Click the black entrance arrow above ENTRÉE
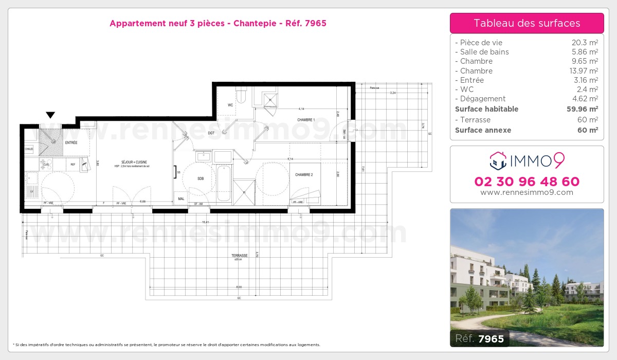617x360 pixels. point(50,115)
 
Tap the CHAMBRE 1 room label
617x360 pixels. point(305,120)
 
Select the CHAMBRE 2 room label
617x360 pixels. point(304,175)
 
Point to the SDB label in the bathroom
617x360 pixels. point(201,178)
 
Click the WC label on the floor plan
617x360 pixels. point(230,105)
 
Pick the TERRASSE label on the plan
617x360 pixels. point(240,255)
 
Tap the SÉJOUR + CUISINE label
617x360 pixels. point(131,162)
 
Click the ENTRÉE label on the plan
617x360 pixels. point(71,142)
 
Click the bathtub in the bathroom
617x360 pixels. point(224,183)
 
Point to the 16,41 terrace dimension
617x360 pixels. point(205,222)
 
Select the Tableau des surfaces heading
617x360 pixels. point(527,23)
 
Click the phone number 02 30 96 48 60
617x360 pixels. point(527,182)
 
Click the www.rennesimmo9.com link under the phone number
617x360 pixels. point(527,192)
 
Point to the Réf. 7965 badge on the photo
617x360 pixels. point(480,338)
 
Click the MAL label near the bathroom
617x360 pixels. point(181,199)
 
